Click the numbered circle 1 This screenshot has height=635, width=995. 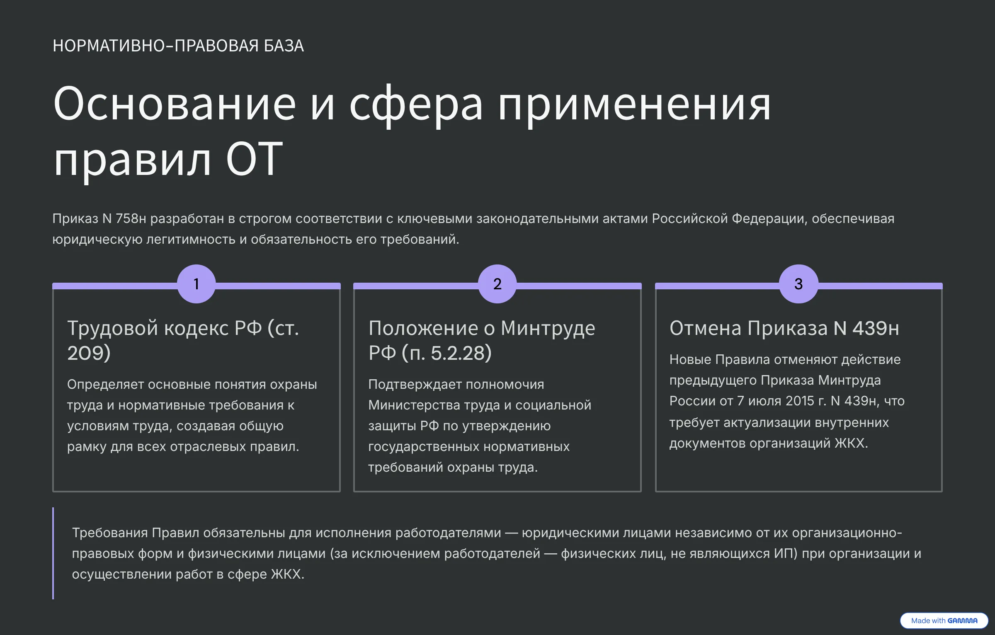[x=196, y=284]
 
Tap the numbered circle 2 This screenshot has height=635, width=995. [x=497, y=284]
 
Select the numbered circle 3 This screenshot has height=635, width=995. [x=798, y=284]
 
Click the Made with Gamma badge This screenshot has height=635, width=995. [x=944, y=620]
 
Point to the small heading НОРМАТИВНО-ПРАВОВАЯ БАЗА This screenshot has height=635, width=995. [x=178, y=46]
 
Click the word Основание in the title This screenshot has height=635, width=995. [x=175, y=104]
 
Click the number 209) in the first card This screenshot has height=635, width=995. [x=89, y=353]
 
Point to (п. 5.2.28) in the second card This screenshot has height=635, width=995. [x=447, y=353]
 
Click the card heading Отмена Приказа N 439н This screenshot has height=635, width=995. [x=784, y=328]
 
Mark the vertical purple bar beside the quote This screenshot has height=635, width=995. [x=53, y=553]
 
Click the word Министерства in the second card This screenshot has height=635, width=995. [x=414, y=405]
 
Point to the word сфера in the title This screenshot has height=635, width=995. [x=416, y=106]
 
